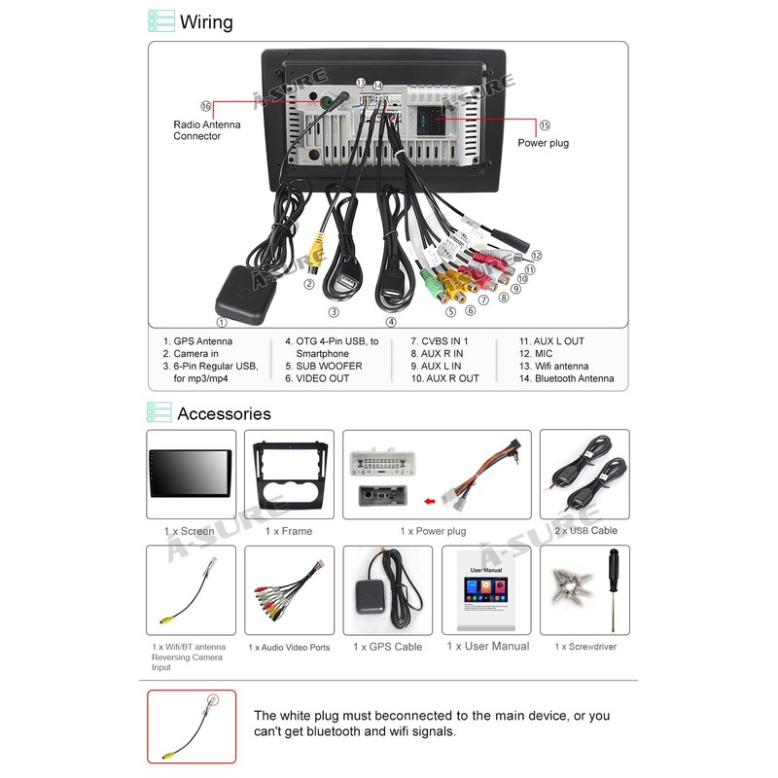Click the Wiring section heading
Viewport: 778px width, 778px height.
[x=206, y=21]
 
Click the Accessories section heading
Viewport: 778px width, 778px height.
[x=224, y=413]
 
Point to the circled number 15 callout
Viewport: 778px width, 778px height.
[x=544, y=125]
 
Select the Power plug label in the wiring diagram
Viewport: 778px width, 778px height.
[x=543, y=143]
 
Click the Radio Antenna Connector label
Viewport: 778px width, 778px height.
[x=207, y=130]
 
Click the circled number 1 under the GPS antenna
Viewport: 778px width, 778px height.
[x=222, y=322]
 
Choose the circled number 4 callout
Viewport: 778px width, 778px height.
[x=391, y=322]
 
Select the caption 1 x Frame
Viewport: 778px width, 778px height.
[x=289, y=531]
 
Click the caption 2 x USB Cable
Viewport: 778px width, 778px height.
[x=585, y=531]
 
